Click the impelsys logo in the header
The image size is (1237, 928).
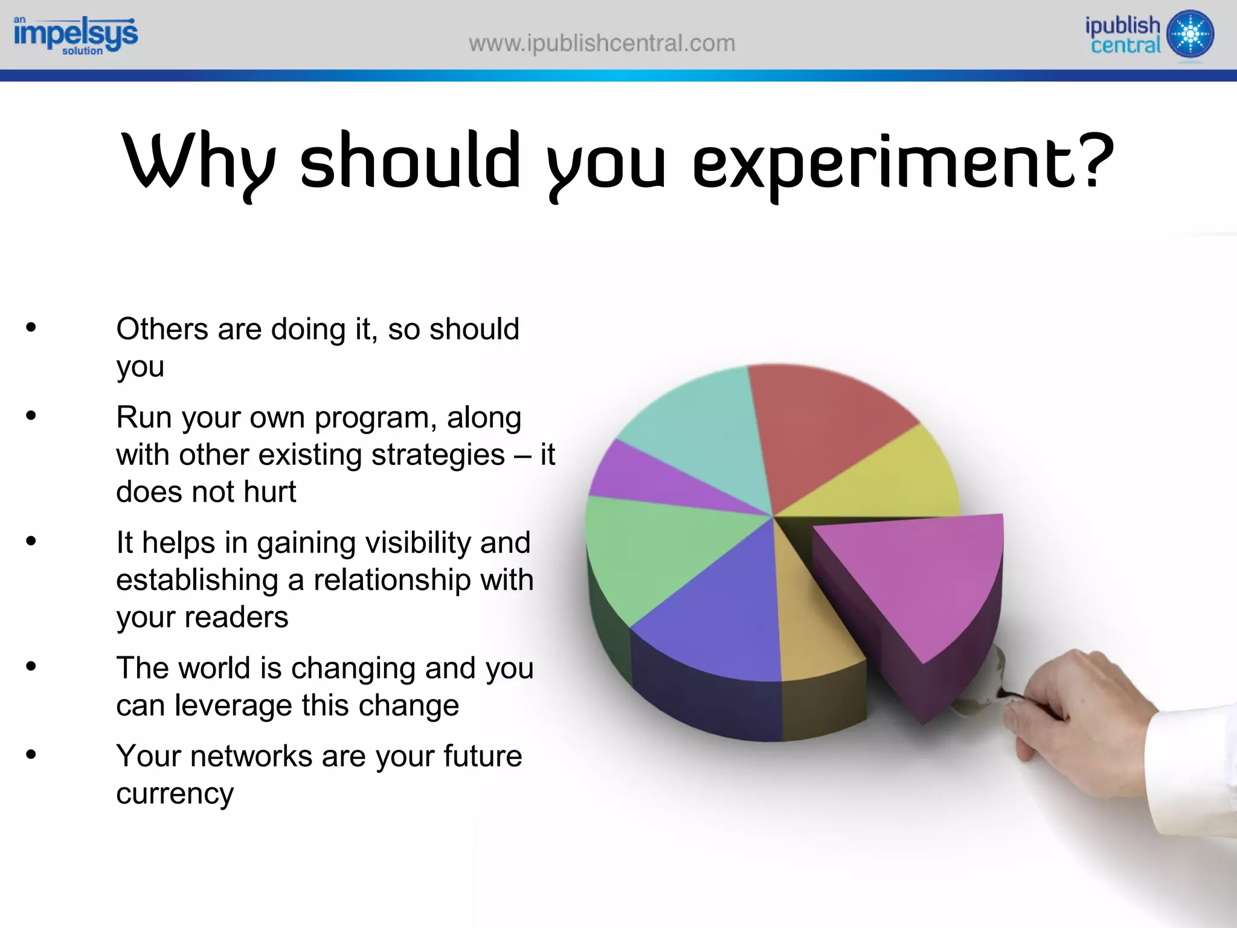(76, 35)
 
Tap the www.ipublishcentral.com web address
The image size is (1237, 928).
(602, 43)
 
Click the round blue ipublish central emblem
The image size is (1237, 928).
(1190, 34)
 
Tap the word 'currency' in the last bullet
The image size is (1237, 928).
(175, 793)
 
